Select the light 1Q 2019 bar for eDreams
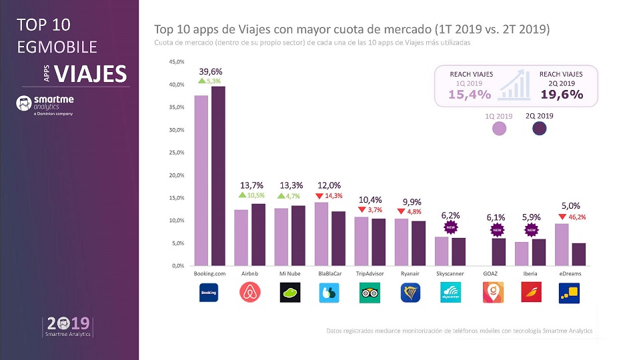tap(562, 244)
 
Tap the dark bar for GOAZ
tap(498, 251)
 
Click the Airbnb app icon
tap(249, 293)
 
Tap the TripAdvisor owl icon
tap(370, 293)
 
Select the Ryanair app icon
tap(410, 293)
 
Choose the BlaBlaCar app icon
tap(330, 293)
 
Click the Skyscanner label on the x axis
tap(450, 274)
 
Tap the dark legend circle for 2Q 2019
tap(540, 127)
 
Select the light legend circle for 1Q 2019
tap(499, 127)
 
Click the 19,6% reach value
tap(562, 95)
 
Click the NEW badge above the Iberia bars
tap(531, 230)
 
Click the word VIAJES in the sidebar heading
tap(91, 74)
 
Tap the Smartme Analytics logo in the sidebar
tap(44, 105)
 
